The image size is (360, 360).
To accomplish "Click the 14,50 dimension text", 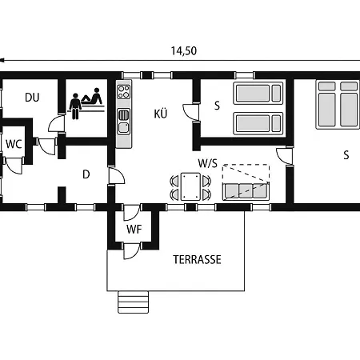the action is [x=184, y=50].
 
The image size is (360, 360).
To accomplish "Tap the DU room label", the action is [x=32, y=98].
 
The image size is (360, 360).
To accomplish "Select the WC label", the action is [x=14, y=144].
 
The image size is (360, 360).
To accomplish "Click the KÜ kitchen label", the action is [x=161, y=114].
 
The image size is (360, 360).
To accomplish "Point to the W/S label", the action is [x=208, y=163].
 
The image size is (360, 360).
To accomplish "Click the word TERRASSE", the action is [x=197, y=259].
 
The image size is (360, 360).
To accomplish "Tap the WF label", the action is [x=134, y=229].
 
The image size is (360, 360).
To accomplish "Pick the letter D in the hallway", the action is [x=86, y=174].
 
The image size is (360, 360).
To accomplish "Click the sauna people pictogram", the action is [x=86, y=103].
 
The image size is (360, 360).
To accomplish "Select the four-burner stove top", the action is [x=124, y=92].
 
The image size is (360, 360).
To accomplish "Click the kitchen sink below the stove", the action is [x=124, y=122].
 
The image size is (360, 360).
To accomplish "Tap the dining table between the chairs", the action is [x=190, y=186].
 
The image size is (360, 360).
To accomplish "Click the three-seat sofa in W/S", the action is [x=246, y=191].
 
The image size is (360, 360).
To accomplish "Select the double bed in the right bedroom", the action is [x=338, y=104].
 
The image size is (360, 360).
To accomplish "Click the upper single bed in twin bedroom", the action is [x=258, y=93].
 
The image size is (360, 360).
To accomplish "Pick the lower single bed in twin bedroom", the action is [x=258, y=123].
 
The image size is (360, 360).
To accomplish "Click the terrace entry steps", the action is [x=133, y=302].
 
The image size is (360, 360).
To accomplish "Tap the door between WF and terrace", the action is [x=132, y=250].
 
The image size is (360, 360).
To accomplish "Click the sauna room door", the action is [x=57, y=123].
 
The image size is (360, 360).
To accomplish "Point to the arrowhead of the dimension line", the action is [x=2, y=61].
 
